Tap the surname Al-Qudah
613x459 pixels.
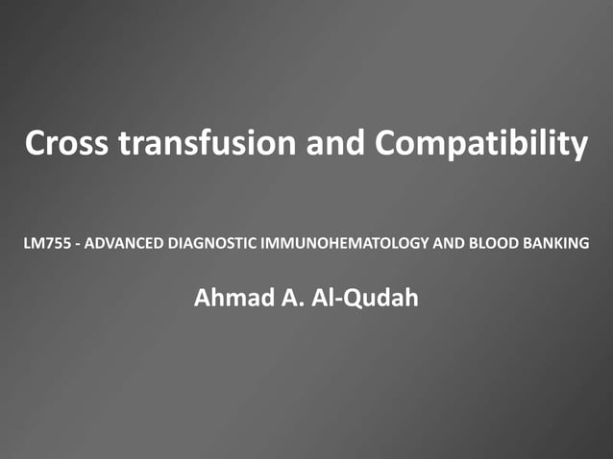tap(367, 298)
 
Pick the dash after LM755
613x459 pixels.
tap(76, 242)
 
